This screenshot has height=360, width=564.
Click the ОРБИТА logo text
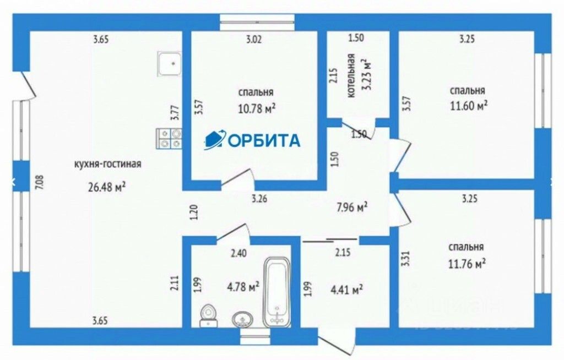[263, 141]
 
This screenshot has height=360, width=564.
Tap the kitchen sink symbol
[170, 64]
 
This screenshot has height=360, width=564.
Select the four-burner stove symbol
[169, 138]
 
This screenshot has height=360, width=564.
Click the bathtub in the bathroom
[276, 292]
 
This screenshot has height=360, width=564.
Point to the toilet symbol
[208, 315]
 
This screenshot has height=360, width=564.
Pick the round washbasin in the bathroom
[242, 318]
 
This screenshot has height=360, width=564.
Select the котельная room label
[351, 76]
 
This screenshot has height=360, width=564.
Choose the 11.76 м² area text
[467, 264]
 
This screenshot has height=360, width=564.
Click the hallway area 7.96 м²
[352, 208]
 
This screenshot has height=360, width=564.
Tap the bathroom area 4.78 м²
[243, 287]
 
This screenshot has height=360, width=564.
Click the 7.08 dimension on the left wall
[39, 182]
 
